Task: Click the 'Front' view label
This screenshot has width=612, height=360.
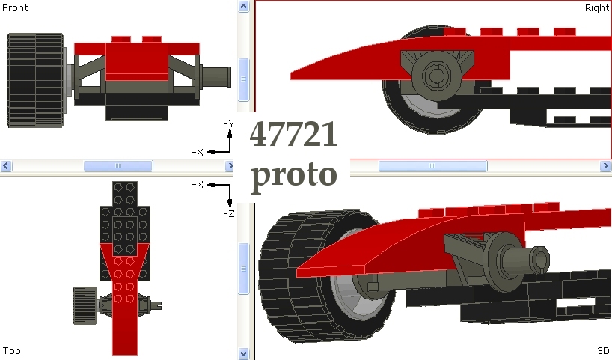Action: click(15, 8)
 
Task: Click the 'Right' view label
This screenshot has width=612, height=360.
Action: click(596, 8)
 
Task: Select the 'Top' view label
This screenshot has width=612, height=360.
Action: click(12, 350)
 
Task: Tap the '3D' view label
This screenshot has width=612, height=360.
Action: click(602, 350)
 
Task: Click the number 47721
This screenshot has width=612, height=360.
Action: click(293, 135)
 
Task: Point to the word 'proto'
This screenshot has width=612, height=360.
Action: click(293, 174)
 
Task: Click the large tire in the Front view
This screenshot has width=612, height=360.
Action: click(34, 79)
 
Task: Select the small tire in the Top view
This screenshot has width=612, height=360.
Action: click(84, 305)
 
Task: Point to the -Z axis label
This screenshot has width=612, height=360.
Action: click(230, 213)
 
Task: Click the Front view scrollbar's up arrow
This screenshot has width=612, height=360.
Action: click(243, 7)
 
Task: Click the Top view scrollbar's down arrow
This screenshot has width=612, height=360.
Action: click(243, 353)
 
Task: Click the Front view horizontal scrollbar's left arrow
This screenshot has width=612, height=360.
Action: click(6, 166)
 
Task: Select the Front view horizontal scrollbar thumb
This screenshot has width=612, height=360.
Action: click(117, 166)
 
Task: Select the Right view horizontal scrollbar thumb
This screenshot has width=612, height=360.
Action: click(432, 166)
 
